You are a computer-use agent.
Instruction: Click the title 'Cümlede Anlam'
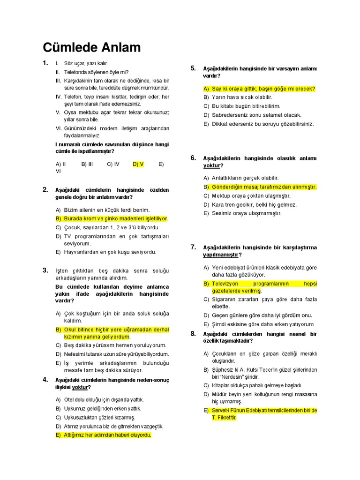(x=92, y=48)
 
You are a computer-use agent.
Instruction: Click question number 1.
(x=45, y=63)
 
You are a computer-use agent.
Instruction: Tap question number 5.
(x=193, y=68)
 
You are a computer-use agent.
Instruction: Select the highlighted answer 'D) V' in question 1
(x=138, y=164)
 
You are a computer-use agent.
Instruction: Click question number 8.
(x=193, y=334)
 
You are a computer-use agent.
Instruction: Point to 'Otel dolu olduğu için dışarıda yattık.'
(x=104, y=399)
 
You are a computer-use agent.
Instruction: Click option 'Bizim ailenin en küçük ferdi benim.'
(x=106, y=210)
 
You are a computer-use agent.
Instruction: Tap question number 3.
(x=45, y=270)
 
